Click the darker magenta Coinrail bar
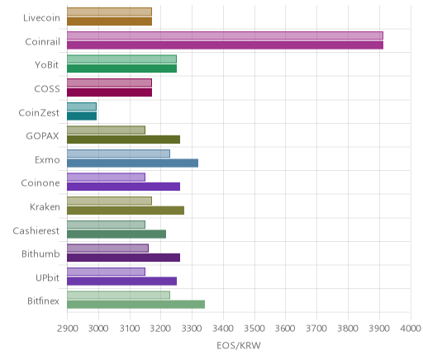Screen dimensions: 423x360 click(x=225, y=45)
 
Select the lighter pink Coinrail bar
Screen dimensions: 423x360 click(x=225, y=36)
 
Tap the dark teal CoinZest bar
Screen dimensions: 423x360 click(x=82, y=116)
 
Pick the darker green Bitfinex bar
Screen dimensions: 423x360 click(x=135, y=305)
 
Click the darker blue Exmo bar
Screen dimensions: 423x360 click(x=132, y=163)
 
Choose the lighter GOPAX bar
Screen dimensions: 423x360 click(x=106, y=130)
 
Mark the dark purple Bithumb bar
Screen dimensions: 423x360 click(x=123, y=258)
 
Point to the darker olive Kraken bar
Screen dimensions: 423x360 click(x=126, y=211)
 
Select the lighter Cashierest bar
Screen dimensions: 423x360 click(x=106, y=225)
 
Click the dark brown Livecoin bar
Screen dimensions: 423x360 click(x=109, y=21)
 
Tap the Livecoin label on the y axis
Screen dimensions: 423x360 click(x=41, y=18)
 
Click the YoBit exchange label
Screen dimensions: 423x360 click(x=47, y=65)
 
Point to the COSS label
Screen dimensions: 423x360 click(x=47, y=89)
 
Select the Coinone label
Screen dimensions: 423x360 click(x=40, y=183)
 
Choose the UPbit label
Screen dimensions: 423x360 click(x=47, y=277)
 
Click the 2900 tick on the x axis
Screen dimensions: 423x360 click(x=68, y=329)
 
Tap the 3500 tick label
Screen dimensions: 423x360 click(x=254, y=329)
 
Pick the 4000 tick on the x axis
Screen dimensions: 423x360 click(x=411, y=329)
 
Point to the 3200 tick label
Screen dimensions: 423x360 click(x=161, y=329)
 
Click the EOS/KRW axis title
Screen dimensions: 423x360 click(x=239, y=345)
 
